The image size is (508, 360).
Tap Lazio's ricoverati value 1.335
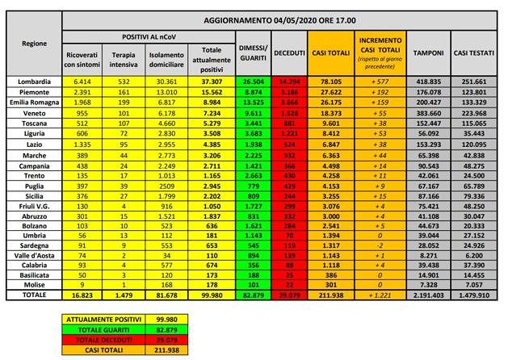click(80, 144)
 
